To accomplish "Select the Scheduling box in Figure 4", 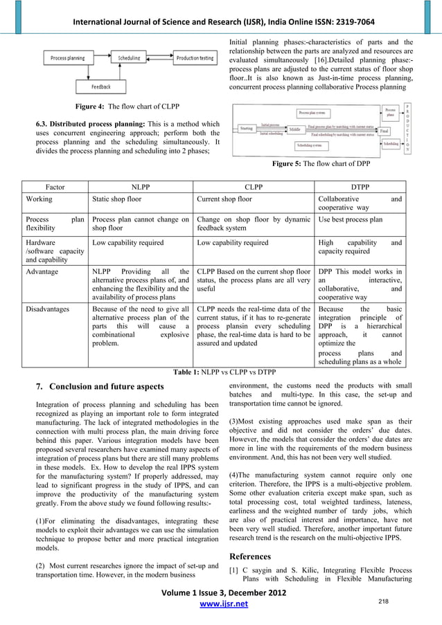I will point(128,59).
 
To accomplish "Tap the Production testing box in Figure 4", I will point(195,59).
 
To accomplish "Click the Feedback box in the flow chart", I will point(103,87).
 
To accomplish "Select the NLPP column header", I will point(140,187).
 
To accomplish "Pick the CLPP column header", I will point(254,187).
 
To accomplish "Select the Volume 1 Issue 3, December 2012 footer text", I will point(221,593).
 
